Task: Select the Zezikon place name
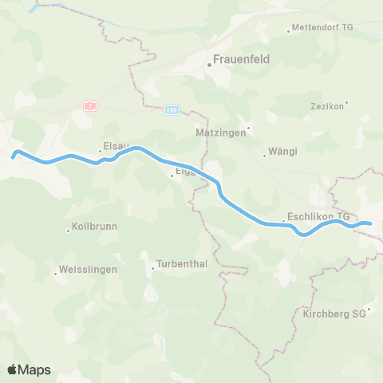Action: (x=327, y=105)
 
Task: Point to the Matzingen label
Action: (x=219, y=132)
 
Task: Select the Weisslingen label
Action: (x=89, y=270)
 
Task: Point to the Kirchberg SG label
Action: (x=334, y=314)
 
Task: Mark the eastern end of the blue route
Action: (x=371, y=224)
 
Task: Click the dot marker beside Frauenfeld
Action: (x=210, y=62)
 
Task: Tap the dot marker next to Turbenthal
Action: (x=152, y=268)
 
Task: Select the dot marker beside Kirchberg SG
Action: (x=369, y=309)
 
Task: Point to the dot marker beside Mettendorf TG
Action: (x=289, y=31)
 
